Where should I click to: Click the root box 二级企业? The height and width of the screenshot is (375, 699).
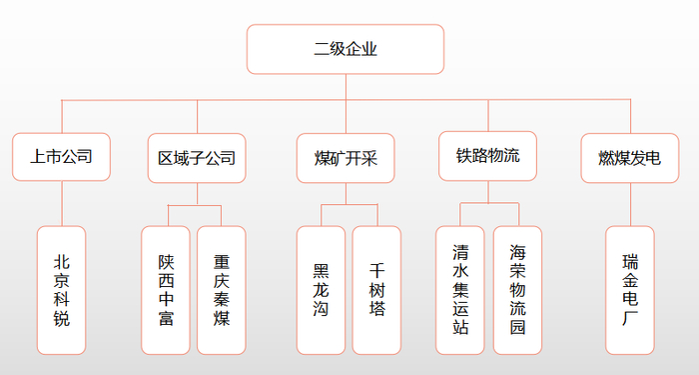(x=346, y=49)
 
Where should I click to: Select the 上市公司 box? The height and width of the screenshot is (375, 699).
(x=62, y=157)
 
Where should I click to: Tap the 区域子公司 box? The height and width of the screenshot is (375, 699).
(x=196, y=158)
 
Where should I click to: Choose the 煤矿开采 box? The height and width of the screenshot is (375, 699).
(x=347, y=158)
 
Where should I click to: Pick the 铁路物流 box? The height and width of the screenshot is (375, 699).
(x=487, y=156)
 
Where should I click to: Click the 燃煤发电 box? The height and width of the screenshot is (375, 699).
(x=629, y=158)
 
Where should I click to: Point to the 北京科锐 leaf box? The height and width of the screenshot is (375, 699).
(x=62, y=290)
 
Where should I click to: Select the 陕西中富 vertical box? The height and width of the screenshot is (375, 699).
(x=166, y=290)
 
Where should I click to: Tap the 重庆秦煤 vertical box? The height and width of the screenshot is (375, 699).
(x=222, y=290)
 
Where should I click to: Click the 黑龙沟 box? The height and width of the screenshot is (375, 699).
(x=321, y=290)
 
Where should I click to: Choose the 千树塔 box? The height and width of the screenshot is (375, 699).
(x=376, y=290)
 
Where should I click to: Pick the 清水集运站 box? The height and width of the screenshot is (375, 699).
(x=460, y=290)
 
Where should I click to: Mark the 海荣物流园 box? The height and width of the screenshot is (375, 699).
(x=517, y=290)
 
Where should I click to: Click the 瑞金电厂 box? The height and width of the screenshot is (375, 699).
(x=630, y=290)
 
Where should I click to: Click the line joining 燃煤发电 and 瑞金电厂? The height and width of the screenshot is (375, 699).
(x=630, y=204)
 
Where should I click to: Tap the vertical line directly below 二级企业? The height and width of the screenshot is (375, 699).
(x=346, y=86)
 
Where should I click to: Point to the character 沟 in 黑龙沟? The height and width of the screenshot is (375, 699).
(x=321, y=309)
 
